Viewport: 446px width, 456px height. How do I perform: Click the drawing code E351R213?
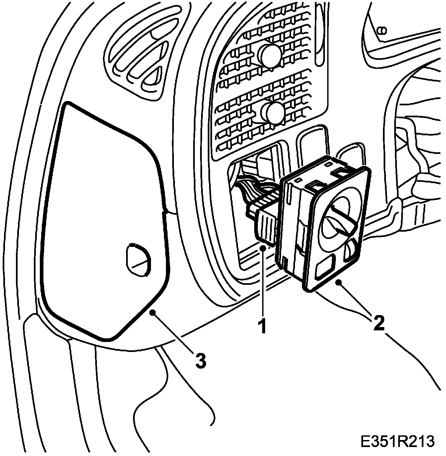click(397, 441)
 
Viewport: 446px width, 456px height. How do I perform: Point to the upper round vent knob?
click(269, 54)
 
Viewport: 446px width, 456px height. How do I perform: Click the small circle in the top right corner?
click(382, 31)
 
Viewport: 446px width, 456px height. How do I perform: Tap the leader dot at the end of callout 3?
click(153, 312)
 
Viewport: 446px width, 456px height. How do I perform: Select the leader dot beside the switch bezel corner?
click(339, 283)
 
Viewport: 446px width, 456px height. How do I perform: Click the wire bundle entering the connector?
click(252, 193)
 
